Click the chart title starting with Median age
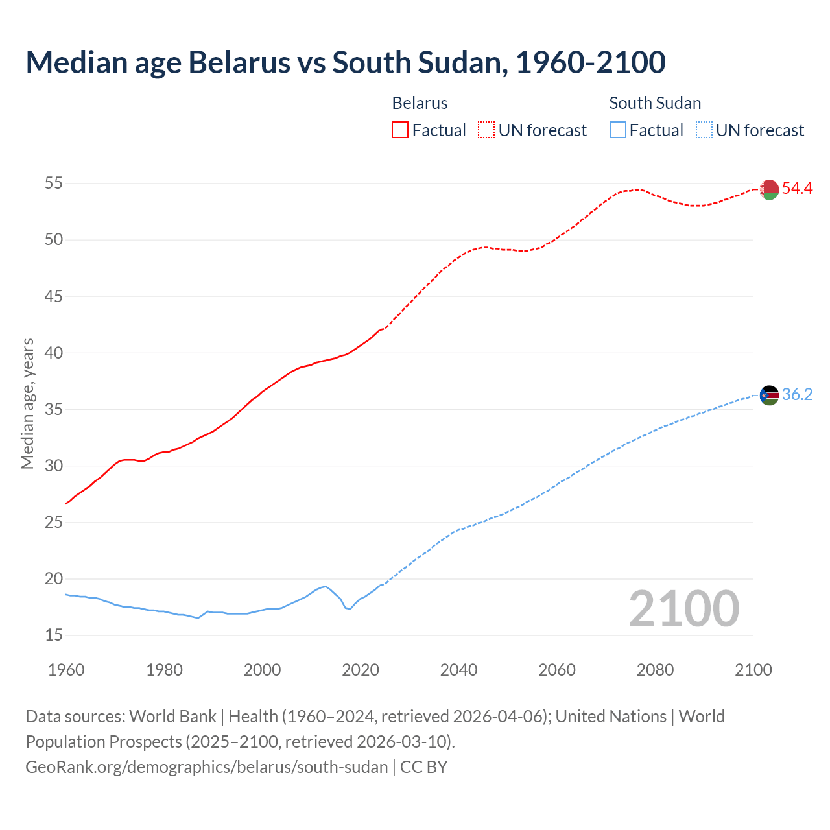click(345, 62)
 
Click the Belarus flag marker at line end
click(769, 189)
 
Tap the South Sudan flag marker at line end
click(769, 395)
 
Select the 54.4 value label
click(797, 189)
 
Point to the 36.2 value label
click(797, 395)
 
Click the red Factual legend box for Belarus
click(400, 130)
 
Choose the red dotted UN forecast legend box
click(486, 130)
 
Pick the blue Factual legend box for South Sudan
click(618, 130)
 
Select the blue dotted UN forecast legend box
click(704, 130)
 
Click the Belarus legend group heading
click(420, 103)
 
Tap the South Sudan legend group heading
click(655, 103)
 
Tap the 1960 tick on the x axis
click(66, 670)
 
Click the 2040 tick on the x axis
click(458, 670)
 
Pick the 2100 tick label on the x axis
click(753, 670)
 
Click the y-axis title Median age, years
click(27, 403)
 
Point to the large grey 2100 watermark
click(683, 609)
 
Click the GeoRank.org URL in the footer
click(206, 767)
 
